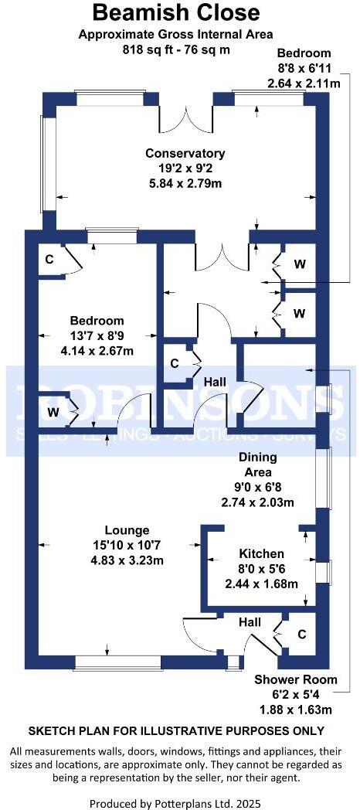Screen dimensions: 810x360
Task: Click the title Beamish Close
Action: [177, 12]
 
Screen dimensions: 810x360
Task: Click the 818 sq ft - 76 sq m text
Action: [177, 49]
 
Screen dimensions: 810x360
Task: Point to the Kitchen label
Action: [261, 553]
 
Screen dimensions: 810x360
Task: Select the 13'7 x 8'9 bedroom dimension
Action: [97, 335]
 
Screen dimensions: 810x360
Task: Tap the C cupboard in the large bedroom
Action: [49, 259]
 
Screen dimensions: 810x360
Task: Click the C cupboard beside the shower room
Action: [302, 634]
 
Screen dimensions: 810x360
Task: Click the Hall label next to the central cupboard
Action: [214, 382]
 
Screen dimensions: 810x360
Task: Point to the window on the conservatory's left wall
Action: [44, 165]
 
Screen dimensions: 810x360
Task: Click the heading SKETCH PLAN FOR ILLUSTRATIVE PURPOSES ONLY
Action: [177, 730]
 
